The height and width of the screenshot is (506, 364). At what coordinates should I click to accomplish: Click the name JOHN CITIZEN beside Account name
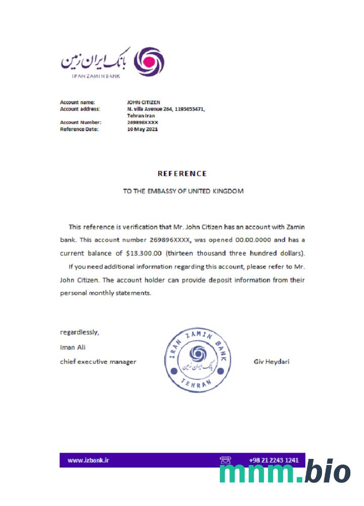(144, 102)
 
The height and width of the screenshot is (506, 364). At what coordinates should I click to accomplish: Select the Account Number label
(81, 122)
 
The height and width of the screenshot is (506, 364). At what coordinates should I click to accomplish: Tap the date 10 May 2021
(143, 129)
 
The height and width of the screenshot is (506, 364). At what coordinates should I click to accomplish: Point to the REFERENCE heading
(182, 174)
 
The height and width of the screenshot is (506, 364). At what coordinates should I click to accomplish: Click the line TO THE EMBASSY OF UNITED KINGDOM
(184, 191)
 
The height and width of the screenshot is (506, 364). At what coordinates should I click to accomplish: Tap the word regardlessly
(80, 332)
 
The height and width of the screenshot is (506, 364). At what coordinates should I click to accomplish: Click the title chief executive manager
(98, 362)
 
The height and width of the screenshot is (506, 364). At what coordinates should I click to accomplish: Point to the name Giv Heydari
(271, 362)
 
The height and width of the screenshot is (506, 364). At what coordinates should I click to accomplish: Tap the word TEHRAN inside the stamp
(197, 384)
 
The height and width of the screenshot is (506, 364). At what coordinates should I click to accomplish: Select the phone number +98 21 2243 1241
(274, 460)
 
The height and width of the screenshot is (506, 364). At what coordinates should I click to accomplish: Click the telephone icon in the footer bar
(225, 460)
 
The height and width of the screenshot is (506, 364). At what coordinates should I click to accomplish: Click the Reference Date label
(79, 129)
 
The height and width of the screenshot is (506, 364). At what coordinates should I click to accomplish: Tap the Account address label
(80, 109)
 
